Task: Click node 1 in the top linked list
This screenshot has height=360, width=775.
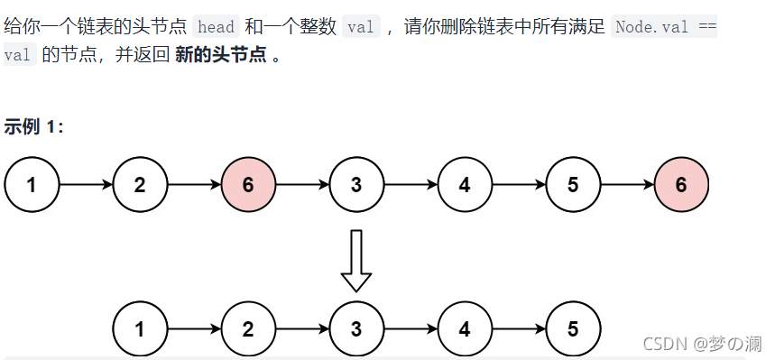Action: pos(32,186)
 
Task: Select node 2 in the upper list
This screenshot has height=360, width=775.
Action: pos(140,186)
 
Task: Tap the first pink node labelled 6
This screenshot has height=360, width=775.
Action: pos(248,186)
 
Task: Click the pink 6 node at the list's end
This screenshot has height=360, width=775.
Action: pos(681,186)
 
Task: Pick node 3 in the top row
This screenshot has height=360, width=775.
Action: pos(356,186)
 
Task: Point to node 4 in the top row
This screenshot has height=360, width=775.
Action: pos(465,186)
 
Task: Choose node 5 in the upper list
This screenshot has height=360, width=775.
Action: pos(573,186)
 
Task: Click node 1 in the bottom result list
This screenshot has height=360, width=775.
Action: pos(140,329)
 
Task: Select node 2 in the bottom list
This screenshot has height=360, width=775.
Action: pos(248,329)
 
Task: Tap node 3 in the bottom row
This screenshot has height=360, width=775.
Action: pos(356,329)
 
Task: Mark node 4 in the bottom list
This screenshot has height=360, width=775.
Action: pos(465,329)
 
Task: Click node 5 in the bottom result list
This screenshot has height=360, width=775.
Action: pos(573,329)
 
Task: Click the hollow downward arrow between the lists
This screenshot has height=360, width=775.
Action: pos(356,260)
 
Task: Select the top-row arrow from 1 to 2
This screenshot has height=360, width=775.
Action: pos(86,186)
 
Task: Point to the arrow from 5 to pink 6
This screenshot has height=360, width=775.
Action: pos(627,186)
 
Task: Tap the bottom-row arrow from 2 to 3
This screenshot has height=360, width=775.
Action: pos(302,329)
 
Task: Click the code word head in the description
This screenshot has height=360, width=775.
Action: pos(215,26)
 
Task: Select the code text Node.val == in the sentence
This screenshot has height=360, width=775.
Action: pos(664,26)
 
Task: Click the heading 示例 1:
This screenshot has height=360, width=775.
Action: pos(33,126)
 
